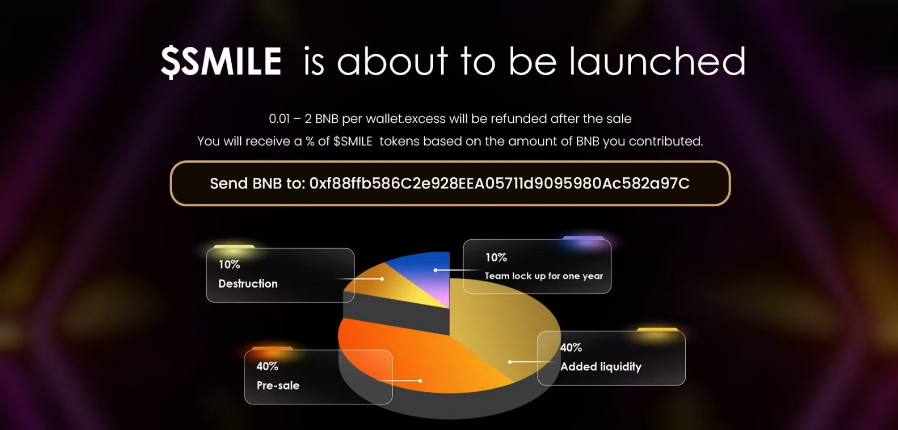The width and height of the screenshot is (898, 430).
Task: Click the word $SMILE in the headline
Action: (221, 61)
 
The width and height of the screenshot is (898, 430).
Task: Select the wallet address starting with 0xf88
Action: (499, 183)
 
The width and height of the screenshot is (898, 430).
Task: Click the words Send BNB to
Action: (258, 183)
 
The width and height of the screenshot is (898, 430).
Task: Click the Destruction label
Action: (248, 284)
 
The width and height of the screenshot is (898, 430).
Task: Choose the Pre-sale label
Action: (278, 385)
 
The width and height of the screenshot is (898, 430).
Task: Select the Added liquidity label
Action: (601, 367)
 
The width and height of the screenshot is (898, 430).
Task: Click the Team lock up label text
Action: (544, 276)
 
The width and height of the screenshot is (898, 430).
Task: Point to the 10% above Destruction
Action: (229, 264)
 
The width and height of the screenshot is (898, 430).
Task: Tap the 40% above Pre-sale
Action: (267, 366)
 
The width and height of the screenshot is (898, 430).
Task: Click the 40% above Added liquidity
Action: (571, 347)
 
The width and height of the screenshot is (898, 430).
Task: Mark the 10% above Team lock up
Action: (496, 257)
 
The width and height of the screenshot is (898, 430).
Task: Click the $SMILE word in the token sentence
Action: (353, 141)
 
